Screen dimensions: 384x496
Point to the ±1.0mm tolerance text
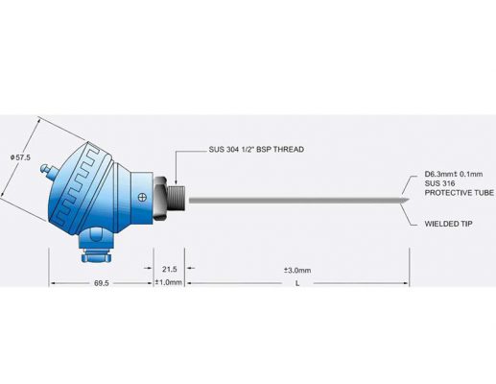[169, 283]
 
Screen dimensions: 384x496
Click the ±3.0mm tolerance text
[298, 270]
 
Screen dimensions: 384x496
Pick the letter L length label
[298, 284]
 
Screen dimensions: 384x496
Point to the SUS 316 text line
[439, 183]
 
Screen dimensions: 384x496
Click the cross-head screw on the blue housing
[142, 199]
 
